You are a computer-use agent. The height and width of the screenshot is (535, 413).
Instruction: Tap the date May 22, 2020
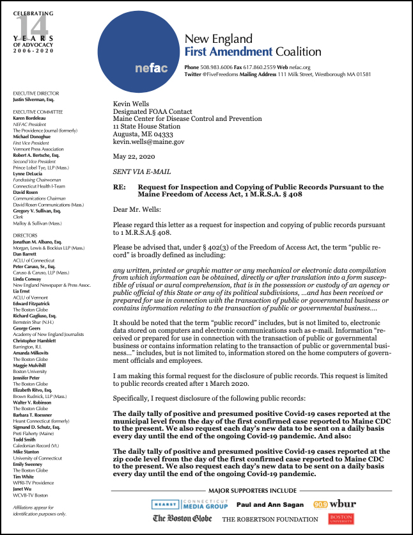click(134, 157)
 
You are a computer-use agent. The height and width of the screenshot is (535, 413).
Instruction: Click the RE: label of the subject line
click(120, 188)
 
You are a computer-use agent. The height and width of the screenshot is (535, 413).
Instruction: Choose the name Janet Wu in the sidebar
click(24, 489)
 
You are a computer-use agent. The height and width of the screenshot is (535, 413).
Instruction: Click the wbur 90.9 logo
click(335, 504)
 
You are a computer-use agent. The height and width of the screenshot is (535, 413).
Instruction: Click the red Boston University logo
click(341, 519)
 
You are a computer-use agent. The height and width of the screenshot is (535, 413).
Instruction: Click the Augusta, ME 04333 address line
click(143, 134)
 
